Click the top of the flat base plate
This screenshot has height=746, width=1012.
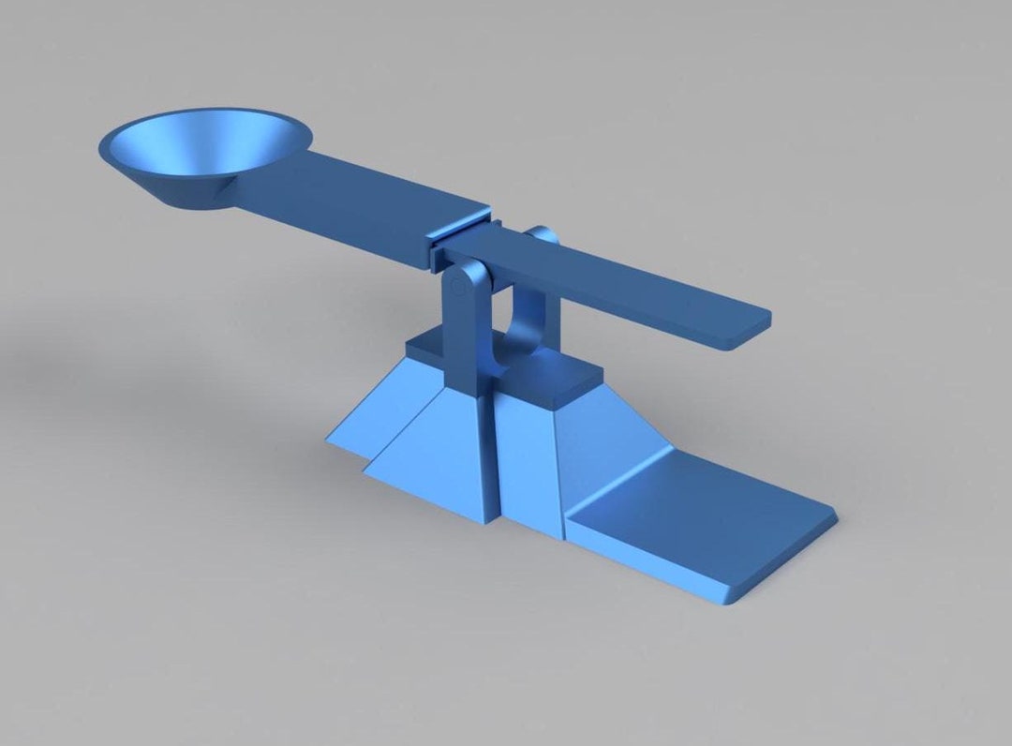(703, 515)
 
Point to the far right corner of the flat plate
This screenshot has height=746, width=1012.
(832, 515)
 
